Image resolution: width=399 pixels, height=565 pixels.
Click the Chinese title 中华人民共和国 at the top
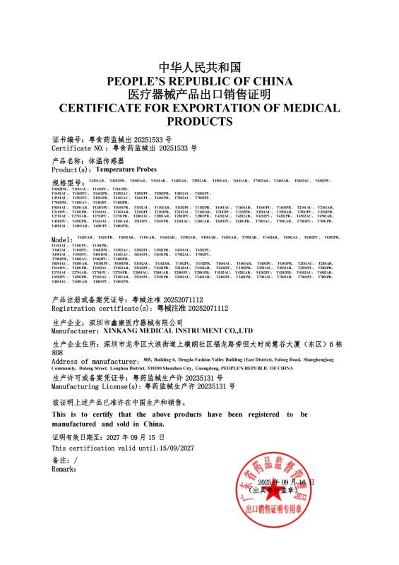tap(199, 68)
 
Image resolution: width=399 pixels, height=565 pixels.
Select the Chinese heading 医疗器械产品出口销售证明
tap(199, 95)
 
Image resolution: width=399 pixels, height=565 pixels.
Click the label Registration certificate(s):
tap(102, 309)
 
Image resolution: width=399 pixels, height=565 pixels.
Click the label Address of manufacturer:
tap(95, 361)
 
